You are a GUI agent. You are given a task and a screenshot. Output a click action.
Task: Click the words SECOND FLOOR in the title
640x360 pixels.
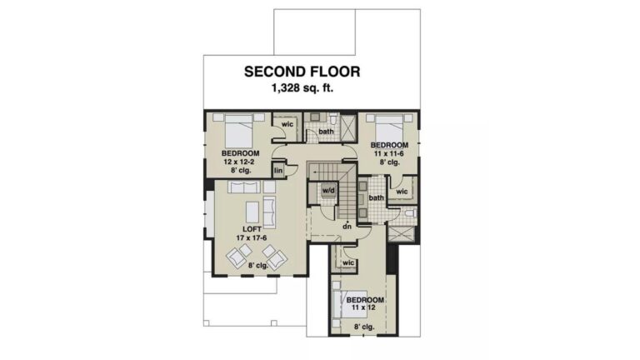click(302, 72)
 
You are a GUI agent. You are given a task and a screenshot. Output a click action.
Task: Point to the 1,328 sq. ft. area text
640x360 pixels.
click(302, 87)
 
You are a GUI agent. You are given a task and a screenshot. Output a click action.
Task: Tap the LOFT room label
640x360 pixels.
click(252, 229)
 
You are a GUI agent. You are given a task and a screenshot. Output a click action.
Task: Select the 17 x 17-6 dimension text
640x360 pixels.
click(252, 237)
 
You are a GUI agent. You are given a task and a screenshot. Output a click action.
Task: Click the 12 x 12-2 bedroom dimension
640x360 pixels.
click(240, 162)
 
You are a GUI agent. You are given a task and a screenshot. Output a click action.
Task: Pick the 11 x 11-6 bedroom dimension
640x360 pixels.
click(389, 153)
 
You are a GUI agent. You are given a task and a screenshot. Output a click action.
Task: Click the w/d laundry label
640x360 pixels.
click(328, 190)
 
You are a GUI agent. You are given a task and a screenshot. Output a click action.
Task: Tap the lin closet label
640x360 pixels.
click(278, 171)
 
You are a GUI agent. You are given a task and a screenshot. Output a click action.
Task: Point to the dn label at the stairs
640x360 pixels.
click(347, 226)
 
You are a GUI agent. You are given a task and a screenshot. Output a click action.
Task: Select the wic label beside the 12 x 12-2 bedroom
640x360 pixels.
click(287, 124)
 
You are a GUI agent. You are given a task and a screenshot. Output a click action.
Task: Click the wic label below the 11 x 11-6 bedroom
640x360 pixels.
click(402, 192)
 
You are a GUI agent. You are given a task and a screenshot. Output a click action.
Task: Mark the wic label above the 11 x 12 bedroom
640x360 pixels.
click(348, 262)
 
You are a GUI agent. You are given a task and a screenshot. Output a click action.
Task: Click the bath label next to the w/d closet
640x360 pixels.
click(377, 198)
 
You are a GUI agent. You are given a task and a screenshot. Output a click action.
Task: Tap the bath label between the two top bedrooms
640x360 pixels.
click(326, 132)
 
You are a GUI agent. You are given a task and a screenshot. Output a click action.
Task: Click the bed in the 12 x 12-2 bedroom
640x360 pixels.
click(239, 131)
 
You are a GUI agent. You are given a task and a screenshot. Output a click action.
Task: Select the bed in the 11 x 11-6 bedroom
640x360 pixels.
click(390, 127)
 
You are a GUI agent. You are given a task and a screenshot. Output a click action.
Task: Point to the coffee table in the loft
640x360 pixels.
click(252, 212)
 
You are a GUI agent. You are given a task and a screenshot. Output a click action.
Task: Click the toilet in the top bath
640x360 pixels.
click(333, 118)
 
